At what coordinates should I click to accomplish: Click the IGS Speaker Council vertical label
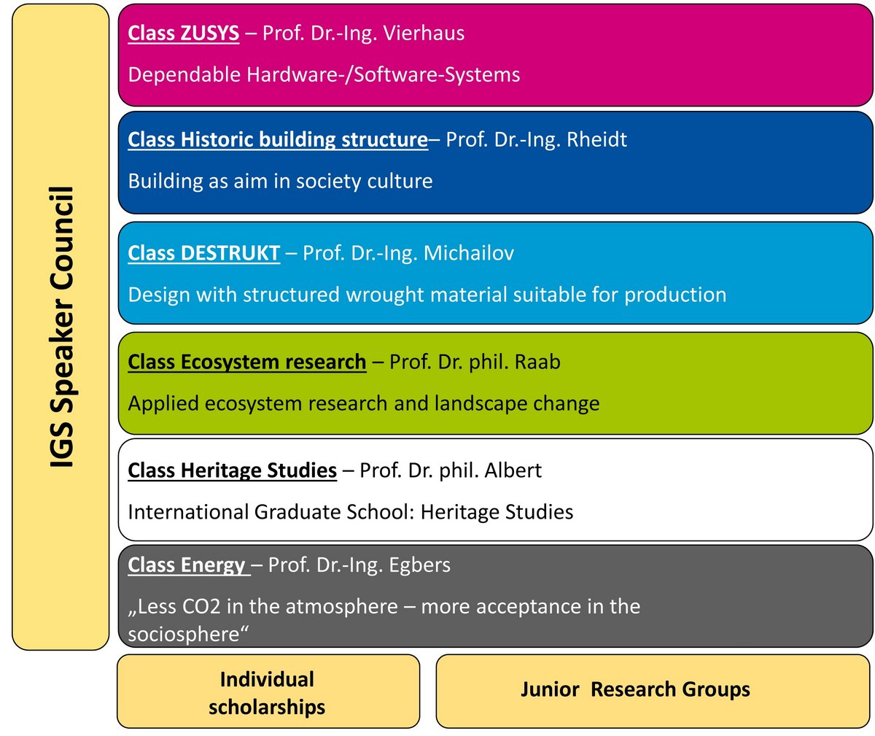coord(62,327)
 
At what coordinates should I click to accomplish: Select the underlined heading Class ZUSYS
coord(184,33)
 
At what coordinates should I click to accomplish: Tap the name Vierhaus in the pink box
coord(424,33)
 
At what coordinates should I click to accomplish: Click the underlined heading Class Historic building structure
coord(278,139)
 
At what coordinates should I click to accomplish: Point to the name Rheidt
coord(596,139)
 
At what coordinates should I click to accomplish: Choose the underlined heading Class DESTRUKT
coord(204,252)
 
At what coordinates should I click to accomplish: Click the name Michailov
coord(469,252)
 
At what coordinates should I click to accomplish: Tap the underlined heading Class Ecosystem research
coord(247,362)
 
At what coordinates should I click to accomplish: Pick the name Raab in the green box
coord(537,362)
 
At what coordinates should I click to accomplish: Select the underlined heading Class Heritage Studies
coord(232,470)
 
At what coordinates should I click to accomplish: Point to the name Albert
coord(513,470)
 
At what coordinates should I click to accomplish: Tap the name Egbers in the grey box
coord(419,565)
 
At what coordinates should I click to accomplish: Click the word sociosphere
coord(184,635)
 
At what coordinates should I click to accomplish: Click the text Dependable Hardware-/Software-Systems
coord(324,75)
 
